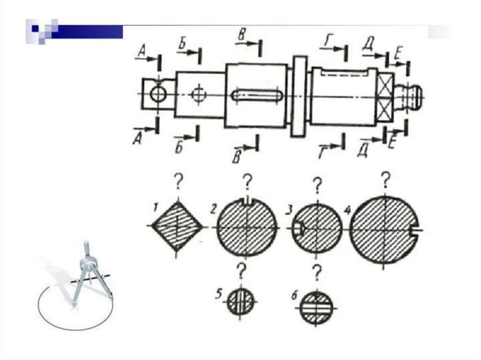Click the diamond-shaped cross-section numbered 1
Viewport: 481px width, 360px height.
[x=177, y=226]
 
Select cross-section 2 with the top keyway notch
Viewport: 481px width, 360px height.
[x=247, y=228]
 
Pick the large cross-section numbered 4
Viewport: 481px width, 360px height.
[x=384, y=230]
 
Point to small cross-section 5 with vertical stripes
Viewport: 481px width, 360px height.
[x=240, y=301]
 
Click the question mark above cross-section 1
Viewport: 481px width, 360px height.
[x=178, y=181]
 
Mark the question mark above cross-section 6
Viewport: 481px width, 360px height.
[x=317, y=272]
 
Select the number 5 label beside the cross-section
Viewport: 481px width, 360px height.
[x=218, y=294]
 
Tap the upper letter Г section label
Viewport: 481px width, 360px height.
[x=327, y=41]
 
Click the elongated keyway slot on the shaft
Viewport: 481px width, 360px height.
[x=257, y=95]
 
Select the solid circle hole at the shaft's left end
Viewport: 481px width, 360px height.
[x=158, y=94]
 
